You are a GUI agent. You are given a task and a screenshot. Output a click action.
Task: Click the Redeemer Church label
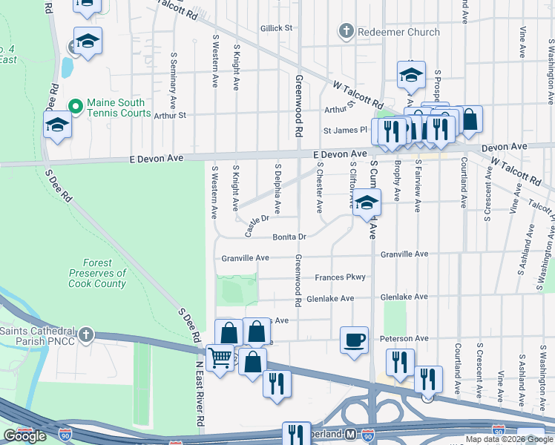pyautogui.click(x=399, y=32)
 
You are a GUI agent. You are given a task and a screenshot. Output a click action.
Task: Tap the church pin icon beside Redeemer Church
pyautogui.click(x=345, y=32)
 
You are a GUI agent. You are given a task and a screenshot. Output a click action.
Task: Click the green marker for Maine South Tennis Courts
pyautogui.click(x=74, y=108)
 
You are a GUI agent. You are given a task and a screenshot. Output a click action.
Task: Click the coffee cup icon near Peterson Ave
pyautogui.click(x=354, y=340)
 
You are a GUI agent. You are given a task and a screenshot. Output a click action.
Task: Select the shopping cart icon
pyautogui.click(x=220, y=359)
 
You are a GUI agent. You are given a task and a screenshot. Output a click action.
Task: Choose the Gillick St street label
pyautogui.click(x=277, y=28)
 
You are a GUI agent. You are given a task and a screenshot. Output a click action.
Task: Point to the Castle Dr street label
pyautogui.click(x=256, y=223)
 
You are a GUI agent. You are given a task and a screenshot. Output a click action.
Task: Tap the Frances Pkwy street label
pyautogui.click(x=340, y=277)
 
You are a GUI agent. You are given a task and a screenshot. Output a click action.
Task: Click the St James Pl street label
pyautogui.click(x=345, y=130)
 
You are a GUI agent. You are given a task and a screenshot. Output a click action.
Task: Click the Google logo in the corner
pyautogui.click(x=24, y=436)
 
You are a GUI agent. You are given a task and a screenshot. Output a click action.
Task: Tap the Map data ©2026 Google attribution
pyautogui.click(x=509, y=439)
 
